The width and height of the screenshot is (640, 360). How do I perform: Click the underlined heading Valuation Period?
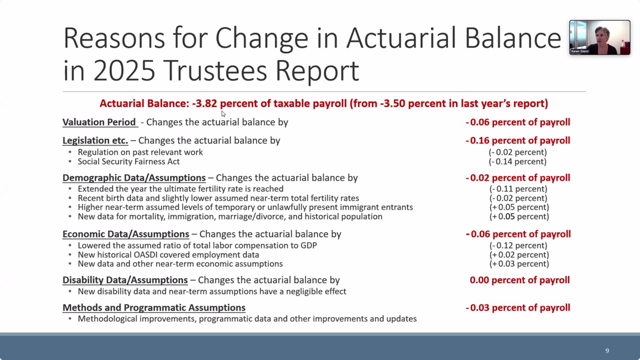click(x=99, y=122)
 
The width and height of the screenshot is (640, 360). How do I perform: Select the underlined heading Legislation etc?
click(x=95, y=141)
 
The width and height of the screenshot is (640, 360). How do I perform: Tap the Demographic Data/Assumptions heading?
click(x=134, y=178)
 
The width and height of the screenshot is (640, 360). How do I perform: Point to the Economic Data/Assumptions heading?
click(x=126, y=234)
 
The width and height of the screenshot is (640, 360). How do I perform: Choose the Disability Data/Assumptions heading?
click(x=125, y=280)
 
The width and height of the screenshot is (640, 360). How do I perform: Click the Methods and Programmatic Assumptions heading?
click(x=154, y=308)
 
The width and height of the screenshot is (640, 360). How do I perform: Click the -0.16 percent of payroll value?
click(x=518, y=141)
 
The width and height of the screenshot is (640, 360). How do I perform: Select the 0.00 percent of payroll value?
click(x=519, y=280)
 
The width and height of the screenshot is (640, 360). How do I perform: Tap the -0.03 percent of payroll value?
click(x=518, y=308)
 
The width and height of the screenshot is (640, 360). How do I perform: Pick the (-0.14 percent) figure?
click(x=517, y=162)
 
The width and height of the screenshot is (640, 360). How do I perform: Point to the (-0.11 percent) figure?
click(x=518, y=189)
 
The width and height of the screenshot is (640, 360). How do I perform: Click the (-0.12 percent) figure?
click(x=518, y=245)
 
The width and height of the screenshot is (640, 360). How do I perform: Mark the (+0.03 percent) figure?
click(x=519, y=263)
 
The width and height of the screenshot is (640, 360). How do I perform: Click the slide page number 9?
click(x=607, y=350)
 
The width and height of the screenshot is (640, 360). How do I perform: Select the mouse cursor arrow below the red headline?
click(x=223, y=114)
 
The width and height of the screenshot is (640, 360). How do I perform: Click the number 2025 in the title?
click(x=124, y=70)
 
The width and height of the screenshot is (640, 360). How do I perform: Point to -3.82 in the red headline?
click(x=205, y=103)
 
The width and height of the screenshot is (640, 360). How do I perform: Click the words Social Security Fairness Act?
click(x=129, y=162)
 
